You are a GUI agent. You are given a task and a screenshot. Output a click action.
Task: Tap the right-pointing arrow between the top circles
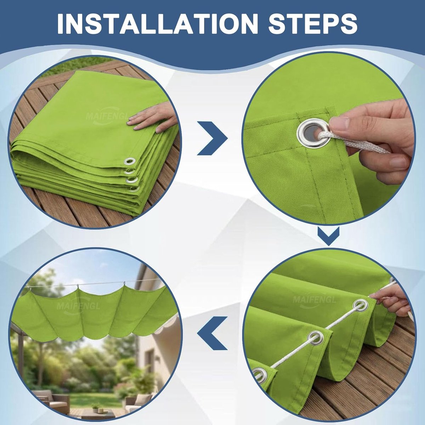pos(212,138)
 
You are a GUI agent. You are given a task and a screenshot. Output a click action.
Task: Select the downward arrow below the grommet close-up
pos(328,236)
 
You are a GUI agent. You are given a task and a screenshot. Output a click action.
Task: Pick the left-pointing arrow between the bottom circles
pos(212,333)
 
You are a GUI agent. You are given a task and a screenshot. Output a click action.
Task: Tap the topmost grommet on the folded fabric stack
pos(130,161)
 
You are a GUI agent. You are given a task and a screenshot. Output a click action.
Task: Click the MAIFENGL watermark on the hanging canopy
pos(78,305)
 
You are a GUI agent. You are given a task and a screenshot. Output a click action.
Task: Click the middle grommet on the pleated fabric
pos(316,338)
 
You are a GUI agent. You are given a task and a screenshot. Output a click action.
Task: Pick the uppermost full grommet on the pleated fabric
pos(361,305)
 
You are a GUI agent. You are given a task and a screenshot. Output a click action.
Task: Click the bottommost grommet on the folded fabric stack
pos(134,189)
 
